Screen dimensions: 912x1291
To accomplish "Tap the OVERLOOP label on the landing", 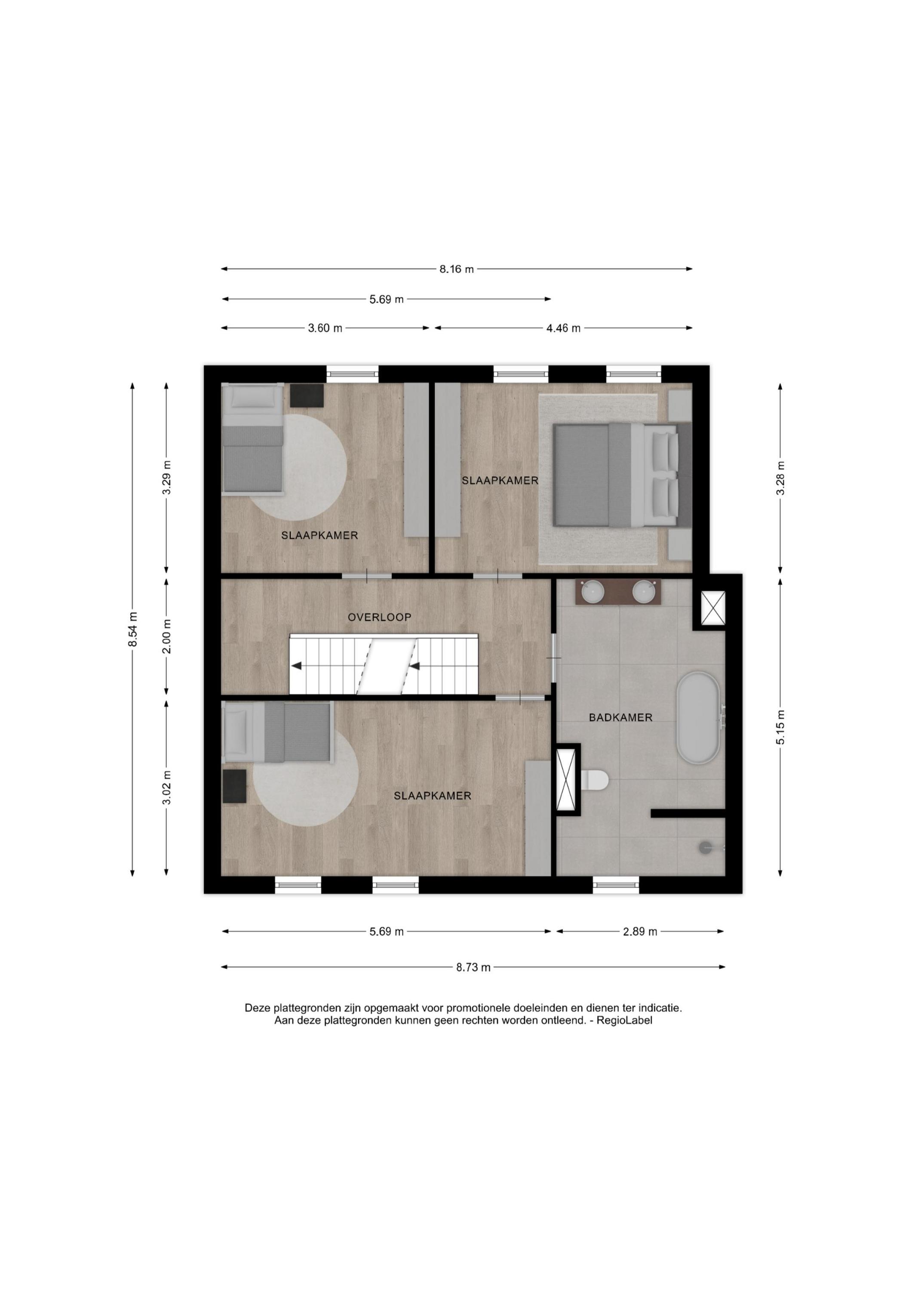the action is click(379, 617).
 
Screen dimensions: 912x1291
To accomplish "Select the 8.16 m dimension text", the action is click(456, 269).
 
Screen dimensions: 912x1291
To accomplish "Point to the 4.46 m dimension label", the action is click(563, 328).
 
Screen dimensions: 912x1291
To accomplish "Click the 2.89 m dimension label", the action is click(639, 932).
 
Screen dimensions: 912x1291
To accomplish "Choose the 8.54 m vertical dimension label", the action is click(132, 629).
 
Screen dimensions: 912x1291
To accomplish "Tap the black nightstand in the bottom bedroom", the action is click(235, 786).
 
